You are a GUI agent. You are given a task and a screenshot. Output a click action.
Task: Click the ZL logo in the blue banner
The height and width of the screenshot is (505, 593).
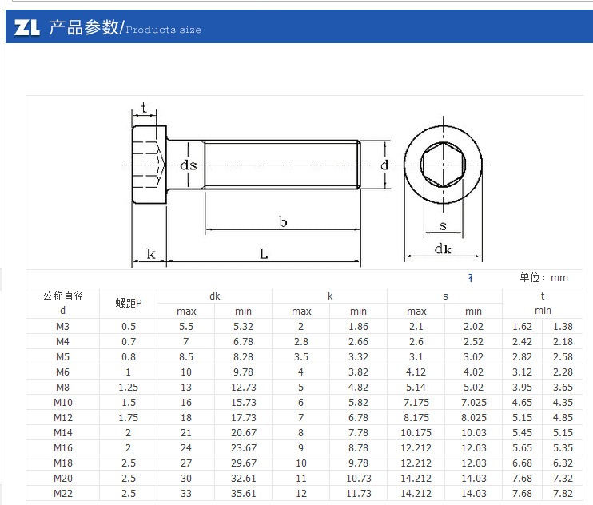[x=27, y=28]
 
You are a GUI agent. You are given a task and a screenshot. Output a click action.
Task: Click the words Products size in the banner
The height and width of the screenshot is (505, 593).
[x=164, y=30]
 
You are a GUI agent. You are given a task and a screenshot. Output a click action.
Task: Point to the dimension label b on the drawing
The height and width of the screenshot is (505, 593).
[x=283, y=221]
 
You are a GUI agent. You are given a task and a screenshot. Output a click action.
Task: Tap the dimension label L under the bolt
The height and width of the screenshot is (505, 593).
[x=263, y=253]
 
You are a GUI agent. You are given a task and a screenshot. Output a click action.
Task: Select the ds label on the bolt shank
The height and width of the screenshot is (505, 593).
[x=189, y=165]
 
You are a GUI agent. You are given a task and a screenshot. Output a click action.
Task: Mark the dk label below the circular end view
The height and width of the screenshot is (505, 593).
[x=443, y=249]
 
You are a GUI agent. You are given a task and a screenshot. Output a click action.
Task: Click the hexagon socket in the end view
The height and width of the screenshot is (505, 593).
[x=443, y=165]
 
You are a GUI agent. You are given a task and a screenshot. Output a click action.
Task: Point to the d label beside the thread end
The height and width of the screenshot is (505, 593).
[x=384, y=165]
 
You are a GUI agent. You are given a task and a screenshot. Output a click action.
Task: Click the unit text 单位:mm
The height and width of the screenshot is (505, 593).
[x=543, y=277]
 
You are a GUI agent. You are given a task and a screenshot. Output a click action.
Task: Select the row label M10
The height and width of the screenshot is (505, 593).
[x=63, y=402]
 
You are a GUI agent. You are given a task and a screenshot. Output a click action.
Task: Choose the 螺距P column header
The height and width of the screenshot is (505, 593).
[x=128, y=303]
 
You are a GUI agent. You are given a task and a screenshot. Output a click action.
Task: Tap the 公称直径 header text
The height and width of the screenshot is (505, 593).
[x=63, y=296]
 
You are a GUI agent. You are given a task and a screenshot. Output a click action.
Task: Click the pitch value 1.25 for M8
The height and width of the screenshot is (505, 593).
[x=128, y=387]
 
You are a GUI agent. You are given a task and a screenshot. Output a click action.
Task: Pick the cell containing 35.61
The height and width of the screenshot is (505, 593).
[x=244, y=493]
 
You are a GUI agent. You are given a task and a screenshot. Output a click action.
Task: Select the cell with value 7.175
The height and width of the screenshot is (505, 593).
[x=416, y=402]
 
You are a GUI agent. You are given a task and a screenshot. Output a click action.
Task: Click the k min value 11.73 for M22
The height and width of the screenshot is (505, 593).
[x=359, y=493]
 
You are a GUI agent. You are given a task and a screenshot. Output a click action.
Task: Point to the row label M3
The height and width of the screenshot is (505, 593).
[x=63, y=326]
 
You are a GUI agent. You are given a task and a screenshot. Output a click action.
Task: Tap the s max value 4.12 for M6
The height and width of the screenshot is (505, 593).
[x=416, y=372]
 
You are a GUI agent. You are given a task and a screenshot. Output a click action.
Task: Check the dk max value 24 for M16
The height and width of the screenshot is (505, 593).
[x=186, y=447]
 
